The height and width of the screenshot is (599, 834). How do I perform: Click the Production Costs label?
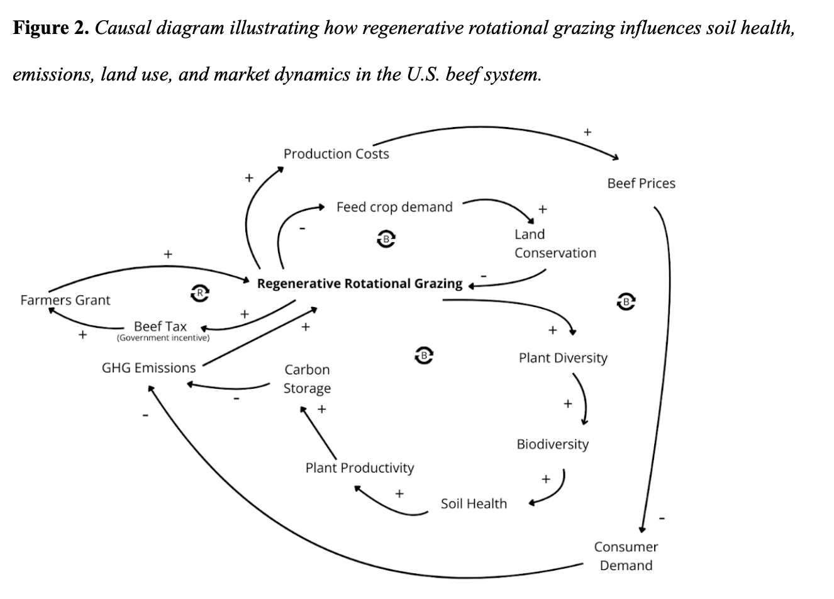(x=336, y=154)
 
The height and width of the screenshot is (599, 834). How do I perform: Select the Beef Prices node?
(x=641, y=184)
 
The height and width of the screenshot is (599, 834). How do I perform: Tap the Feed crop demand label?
(x=394, y=207)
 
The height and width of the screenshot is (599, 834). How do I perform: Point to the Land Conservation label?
(x=555, y=244)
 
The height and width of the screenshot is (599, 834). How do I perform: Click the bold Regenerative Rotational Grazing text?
(x=359, y=284)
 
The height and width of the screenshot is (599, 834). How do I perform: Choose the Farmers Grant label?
(x=65, y=300)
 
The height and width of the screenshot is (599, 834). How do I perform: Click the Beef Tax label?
(x=160, y=326)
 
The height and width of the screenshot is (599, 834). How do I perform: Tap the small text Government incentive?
(x=163, y=338)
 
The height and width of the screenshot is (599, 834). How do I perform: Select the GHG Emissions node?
(x=148, y=368)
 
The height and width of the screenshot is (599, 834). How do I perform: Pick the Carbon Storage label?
(x=307, y=379)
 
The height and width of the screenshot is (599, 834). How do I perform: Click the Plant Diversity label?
(x=563, y=358)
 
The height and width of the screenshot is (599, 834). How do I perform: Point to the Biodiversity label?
(x=552, y=444)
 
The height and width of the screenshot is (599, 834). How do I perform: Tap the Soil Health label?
(x=474, y=503)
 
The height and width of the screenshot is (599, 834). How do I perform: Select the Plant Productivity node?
(x=360, y=468)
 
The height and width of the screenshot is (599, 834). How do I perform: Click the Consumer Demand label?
(x=626, y=556)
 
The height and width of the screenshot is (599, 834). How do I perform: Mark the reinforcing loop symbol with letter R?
(x=199, y=292)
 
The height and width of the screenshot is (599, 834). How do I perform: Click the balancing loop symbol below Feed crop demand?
(x=386, y=238)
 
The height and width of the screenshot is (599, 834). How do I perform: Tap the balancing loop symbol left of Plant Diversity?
(x=425, y=355)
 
